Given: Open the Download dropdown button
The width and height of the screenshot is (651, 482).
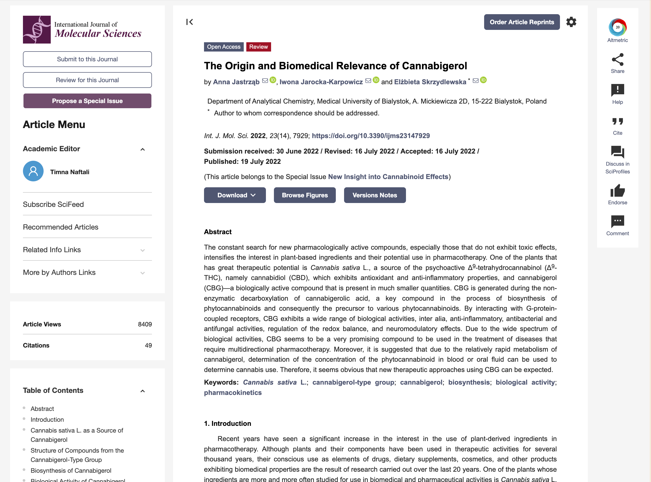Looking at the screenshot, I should tap(234, 195).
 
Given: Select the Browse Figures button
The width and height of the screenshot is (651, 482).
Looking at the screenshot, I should tap(304, 195).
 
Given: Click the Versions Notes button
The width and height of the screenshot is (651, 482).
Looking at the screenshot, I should tap(375, 195).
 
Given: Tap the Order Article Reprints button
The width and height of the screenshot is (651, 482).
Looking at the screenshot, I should tap(521, 22).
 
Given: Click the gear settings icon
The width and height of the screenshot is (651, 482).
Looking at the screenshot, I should tap(571, 22).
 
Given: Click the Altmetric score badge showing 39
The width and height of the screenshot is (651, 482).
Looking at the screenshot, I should tap(617, 27).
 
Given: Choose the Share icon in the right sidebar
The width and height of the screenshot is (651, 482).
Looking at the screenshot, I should tap(617, 60).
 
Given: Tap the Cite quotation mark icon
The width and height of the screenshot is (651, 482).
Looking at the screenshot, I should tap(617, 122).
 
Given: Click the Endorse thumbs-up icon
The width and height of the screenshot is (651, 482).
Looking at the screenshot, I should tap(617, 191).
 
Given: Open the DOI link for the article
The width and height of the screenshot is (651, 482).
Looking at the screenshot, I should tap(370, 136).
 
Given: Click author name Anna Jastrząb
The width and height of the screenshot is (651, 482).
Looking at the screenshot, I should tap(236, 82).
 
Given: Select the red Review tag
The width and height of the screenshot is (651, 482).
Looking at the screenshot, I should tap(258, 47).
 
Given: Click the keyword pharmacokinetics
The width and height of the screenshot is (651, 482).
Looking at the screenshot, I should tap(232, 393).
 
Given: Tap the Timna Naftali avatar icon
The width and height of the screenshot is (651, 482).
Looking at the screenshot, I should tap(33, 171).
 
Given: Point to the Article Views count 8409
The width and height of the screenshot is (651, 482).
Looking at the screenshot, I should tap(145, 324).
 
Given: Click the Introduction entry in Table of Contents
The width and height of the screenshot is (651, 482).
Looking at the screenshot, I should tap(47, 420).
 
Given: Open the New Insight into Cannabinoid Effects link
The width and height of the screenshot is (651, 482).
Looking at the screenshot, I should tap(388, 177).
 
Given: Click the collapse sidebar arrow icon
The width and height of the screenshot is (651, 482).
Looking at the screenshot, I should tap(189, 22).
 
